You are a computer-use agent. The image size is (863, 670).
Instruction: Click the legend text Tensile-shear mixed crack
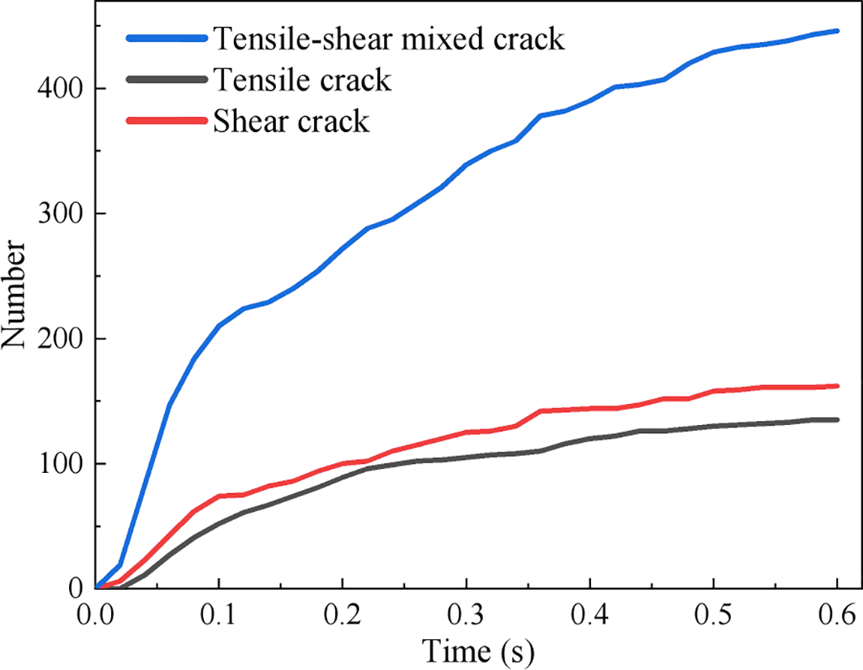387,38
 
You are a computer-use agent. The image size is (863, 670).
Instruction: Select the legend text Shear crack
290,121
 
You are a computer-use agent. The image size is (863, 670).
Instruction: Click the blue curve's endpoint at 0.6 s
837,31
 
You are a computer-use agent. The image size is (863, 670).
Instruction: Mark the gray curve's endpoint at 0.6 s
837,419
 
